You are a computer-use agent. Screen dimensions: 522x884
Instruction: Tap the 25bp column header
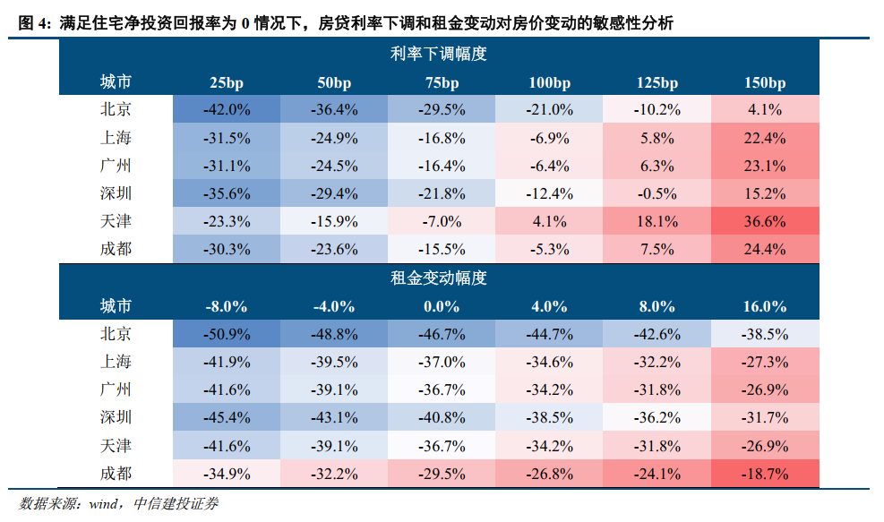coord(226,82)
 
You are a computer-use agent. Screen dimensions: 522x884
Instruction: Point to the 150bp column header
coord(764,82)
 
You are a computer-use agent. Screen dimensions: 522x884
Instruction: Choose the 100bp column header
coord(549,82)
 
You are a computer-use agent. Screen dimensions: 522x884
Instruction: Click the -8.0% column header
coord(226,306)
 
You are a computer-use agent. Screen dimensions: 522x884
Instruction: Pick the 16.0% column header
coord(764,306)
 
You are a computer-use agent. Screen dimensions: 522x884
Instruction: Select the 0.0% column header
coord(442,306)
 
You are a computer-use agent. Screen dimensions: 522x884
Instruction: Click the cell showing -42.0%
coord(226,110)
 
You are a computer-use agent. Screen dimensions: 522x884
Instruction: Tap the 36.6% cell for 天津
coord(764,221)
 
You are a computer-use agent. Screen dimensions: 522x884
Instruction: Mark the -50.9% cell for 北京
coord(226,334)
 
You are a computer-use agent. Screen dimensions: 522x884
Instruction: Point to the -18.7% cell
coord(764,473)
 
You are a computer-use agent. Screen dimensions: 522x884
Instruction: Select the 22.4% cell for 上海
coord(764,138)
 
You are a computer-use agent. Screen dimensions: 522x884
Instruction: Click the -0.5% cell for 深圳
coord(657,193)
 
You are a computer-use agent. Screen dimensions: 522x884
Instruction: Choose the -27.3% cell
coord(764,362)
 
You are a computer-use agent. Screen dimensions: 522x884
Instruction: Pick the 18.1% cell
coord(657,221)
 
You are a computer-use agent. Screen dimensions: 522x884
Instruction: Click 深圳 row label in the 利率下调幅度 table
coord(116,193)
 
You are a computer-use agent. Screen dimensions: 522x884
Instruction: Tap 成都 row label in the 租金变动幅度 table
coord(116,473)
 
